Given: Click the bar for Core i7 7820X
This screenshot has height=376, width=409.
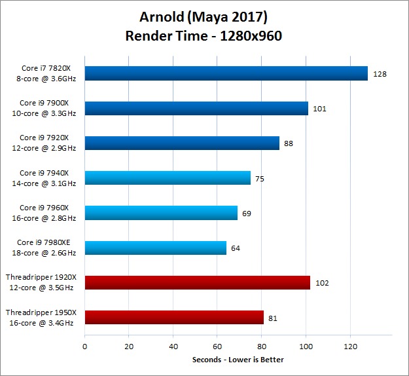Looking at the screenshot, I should coord(226,73).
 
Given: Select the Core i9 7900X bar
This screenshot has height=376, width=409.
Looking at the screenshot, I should coord(196,108).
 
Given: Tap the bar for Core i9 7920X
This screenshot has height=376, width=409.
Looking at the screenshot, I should coord(182,143).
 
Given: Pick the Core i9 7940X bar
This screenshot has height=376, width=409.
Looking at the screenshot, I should coord(168,178).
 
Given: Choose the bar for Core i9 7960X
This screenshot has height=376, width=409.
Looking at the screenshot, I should coord(161,213).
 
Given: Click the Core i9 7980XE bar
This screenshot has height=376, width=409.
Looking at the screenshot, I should coord(155,248).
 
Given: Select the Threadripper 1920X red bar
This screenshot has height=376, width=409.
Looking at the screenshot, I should coord(197,283).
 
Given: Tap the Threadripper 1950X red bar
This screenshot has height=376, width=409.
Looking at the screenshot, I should coord(174,318).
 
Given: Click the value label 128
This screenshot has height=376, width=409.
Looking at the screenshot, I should coord(380,74).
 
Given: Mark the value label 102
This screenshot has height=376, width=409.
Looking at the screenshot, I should coord(321,283).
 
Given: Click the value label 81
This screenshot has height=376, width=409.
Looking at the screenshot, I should coord(274,318).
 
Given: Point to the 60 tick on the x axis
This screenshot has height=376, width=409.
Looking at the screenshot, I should coord(218,346).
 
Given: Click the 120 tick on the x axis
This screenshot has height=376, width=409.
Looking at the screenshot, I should coord(351,346).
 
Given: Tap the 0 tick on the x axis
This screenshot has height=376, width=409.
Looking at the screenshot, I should coord(85,346).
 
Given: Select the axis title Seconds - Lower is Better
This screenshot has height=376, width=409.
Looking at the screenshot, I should coord(238,360).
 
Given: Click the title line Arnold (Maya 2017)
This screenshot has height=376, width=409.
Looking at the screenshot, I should coord(204,16).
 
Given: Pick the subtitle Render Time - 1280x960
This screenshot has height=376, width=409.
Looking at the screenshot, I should coord(204,36).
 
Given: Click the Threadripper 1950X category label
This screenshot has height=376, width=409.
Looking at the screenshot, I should coord(41,318).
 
